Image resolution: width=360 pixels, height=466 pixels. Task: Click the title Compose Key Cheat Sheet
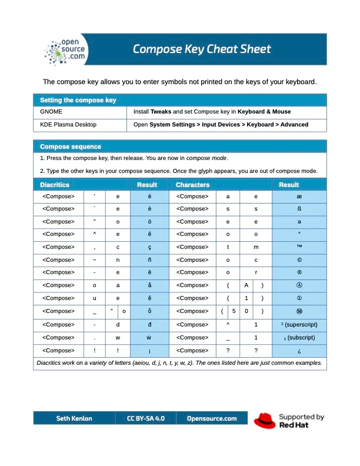point(202,49)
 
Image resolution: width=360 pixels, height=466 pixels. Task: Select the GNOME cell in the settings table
point(51,111)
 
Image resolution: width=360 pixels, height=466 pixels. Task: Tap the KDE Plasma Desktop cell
point(68,125)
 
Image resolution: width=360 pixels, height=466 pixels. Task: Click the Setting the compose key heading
point(78,100)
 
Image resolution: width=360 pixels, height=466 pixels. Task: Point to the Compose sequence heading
point(71,146)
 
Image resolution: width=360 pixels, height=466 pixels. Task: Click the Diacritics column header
point(55,185)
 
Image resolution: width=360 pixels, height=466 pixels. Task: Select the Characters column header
point(192,185)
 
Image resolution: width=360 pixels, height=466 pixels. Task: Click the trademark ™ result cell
point(299,247)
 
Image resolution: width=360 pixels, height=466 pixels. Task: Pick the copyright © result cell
point(299,259)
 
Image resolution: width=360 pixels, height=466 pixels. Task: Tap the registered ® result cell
point(299,272)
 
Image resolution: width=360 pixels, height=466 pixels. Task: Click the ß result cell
point(299,209)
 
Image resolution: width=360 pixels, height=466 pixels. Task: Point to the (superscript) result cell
point(299,324)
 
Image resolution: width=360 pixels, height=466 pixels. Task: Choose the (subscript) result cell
point(299,338)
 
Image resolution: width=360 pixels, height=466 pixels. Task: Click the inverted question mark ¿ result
point(299,351)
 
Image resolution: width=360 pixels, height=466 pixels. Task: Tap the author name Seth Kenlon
point(74,418)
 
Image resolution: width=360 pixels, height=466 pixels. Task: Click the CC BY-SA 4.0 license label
point(146,418)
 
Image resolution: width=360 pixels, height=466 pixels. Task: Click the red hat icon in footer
point(265,420)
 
